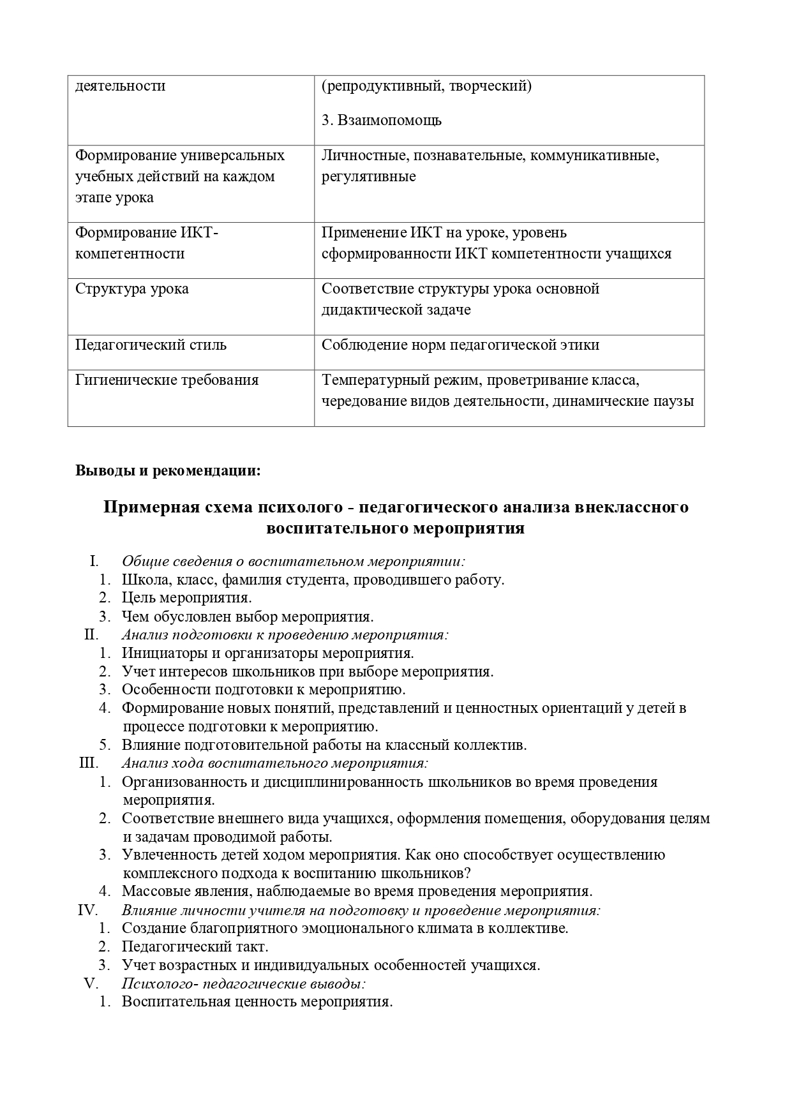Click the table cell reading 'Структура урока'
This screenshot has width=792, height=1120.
click(132, 289)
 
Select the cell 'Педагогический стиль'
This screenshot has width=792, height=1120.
click(151, 345)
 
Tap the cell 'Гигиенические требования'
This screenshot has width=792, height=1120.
click(167, 380)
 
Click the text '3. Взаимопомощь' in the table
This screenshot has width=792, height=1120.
click(382, 121)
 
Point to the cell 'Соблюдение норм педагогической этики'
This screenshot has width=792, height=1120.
click(460, 345)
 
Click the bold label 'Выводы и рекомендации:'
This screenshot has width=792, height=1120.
click(168, 471)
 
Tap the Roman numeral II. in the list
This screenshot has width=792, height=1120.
click(91, 635)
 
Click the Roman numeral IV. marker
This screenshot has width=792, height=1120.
click(87, 910)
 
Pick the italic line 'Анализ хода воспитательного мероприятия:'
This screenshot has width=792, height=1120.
click(274, 763)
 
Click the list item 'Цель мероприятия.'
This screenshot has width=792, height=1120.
click(187, 598)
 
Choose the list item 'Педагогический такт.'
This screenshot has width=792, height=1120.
click(195, 946)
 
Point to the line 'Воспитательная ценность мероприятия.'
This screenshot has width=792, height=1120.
click(257, 1001)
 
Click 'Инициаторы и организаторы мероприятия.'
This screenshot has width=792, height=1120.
click(268, 653)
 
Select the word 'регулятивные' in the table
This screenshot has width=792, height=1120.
click(369, 177)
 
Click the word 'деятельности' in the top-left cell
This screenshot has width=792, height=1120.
click(121, 86)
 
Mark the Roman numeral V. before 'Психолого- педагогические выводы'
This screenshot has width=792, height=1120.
click(90, 983)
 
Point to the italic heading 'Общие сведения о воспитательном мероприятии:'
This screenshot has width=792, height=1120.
click(294, 562)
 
